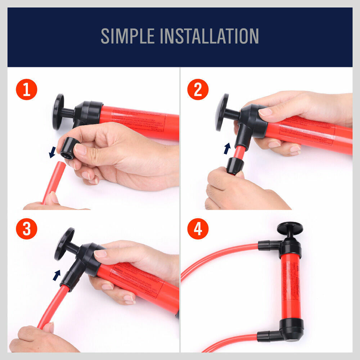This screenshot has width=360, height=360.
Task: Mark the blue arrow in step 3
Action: [x=57, y=275]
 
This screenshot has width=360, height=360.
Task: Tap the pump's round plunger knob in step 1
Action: [x=58, y=112]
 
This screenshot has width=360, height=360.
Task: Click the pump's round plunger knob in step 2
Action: [x=222, y=112]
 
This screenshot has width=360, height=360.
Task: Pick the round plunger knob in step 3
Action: [x=64, y=244]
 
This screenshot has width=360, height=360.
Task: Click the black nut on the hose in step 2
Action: [x=235, y=166]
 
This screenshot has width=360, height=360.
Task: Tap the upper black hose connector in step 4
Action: [x=268, y=245]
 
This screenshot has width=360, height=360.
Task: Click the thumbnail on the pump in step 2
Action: [x=265, y=112]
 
